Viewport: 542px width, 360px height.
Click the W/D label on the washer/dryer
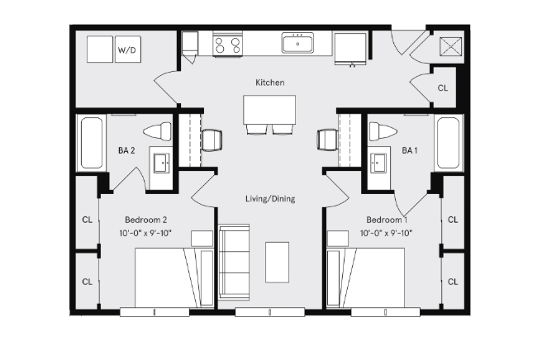pos(127,50)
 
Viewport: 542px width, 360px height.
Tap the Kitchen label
pos(270,83)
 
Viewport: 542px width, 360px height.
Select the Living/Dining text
pos(270,199)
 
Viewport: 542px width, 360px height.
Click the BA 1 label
pos(409,150)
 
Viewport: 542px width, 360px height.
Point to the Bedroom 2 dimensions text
pos(146,234)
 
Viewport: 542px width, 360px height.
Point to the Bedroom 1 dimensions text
pos(387,234)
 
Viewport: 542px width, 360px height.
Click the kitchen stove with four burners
pos(228,44)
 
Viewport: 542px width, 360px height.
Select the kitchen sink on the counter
pos(297,42)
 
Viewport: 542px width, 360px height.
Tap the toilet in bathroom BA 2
pos(156,130)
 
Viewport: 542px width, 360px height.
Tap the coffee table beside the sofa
pos(277,262)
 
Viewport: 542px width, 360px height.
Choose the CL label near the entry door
pos(443,88)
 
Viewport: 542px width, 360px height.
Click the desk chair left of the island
pos(212,140)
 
